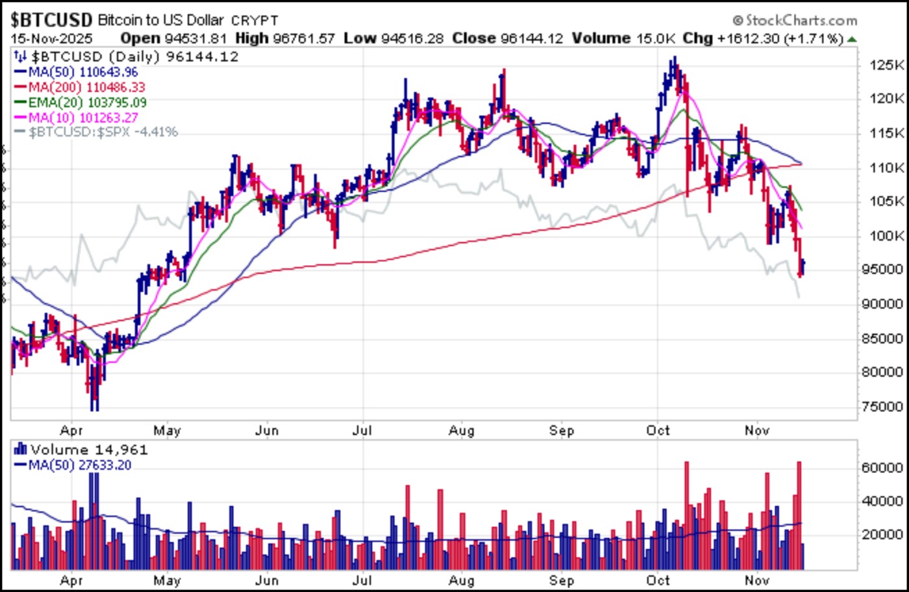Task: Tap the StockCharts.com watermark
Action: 795,21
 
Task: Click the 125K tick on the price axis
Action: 887,66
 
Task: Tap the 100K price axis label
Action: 887,235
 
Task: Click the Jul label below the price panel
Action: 362,430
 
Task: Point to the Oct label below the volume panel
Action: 658,580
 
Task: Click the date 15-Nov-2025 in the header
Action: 51,38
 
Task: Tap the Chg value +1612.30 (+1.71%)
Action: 779,38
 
